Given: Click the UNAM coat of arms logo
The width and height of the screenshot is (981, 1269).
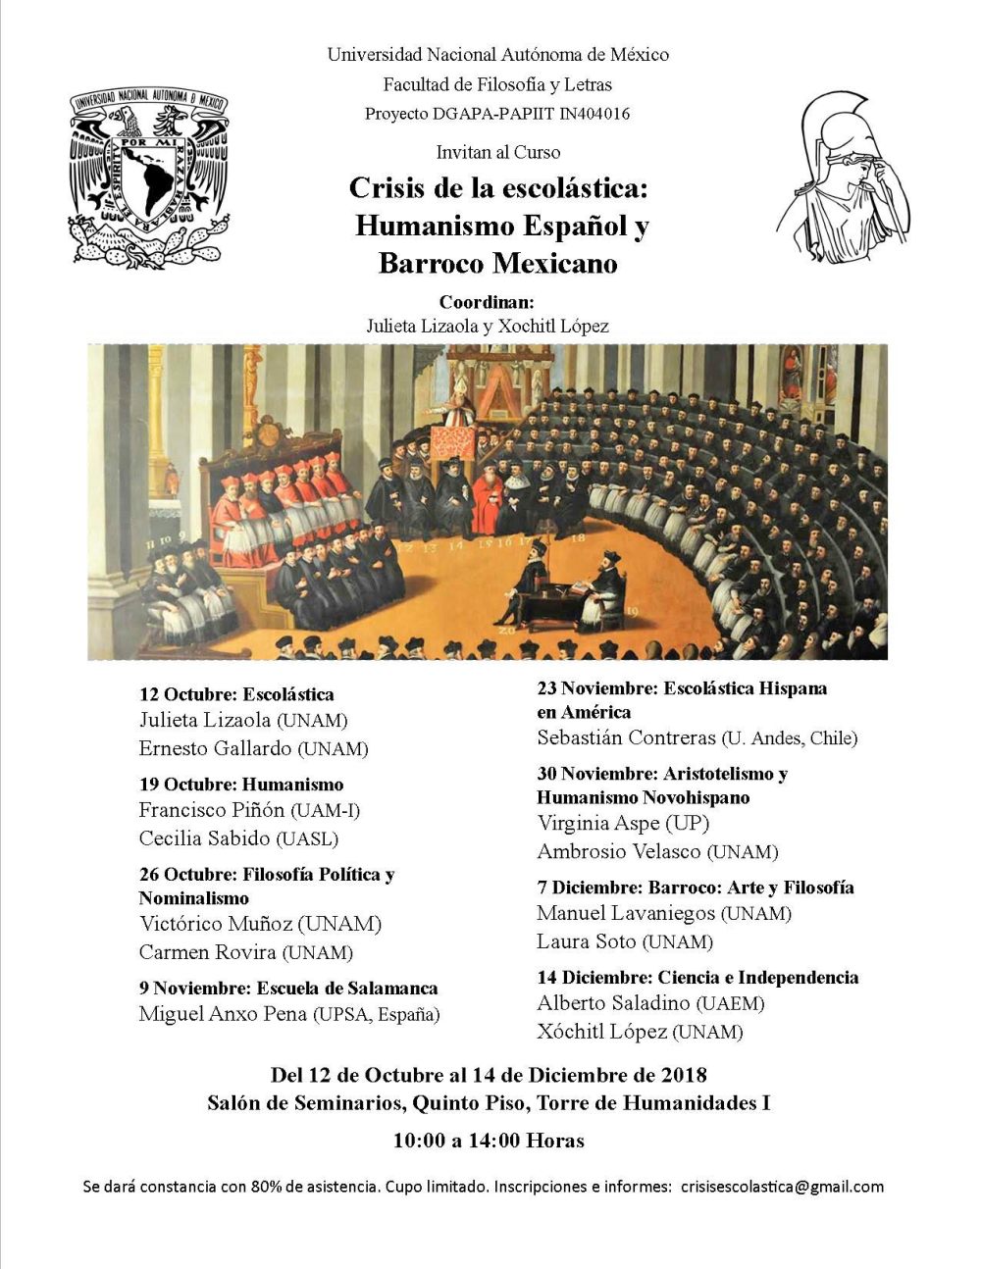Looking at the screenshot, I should [x=148, y=178].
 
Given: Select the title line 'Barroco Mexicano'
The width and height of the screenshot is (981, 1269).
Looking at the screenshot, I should [x=497, y=264].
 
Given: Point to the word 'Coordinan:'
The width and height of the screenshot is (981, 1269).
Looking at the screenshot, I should [x=487, y=302].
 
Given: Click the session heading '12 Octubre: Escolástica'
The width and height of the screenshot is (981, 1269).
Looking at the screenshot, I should [x=236, y=694].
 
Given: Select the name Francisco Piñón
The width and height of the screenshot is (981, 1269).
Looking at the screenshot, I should [x=212, y=810].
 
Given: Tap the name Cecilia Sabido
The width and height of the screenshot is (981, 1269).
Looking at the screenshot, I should [x=205, y=838].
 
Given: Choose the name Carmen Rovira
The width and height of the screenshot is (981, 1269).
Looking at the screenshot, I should [x=208, y=952].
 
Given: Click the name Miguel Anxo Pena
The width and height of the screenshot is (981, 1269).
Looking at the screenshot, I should [x=223, y=1014].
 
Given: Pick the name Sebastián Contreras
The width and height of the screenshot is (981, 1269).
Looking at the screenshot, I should [x=626, y=737].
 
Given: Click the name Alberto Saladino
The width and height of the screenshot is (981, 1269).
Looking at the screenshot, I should [x=615, y=1003].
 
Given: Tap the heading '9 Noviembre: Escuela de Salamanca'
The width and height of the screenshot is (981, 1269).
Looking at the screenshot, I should [x=288, y=988].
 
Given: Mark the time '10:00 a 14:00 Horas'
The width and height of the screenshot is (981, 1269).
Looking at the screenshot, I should [x=489, y=1141].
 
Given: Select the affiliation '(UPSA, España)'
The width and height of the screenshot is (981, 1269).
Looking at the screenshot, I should [x=376, y=1015].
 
